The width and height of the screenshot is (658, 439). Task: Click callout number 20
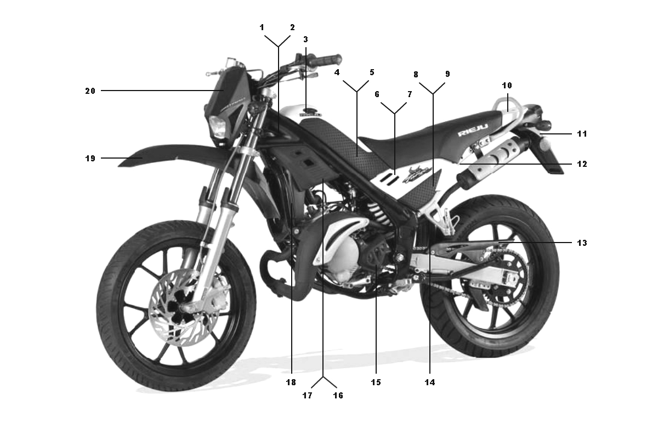tap(90, 91)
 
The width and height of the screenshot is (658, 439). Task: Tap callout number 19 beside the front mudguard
tap(90, 159)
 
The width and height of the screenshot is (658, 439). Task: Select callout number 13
tap(582, 243)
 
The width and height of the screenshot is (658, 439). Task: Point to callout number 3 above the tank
tap(305, 39)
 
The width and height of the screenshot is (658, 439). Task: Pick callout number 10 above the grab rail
tap(507, 86)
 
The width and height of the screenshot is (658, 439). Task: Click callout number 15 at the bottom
tap(376, 382)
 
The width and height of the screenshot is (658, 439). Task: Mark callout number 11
tap(582, 134)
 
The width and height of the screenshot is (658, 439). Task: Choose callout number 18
tap(291, 382)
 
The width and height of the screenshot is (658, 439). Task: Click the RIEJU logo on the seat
tap(473, 130)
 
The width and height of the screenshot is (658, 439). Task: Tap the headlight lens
tap(218, 127)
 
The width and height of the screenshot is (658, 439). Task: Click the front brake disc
tap(184, 307)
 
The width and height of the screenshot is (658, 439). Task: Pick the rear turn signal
tap(546, 124)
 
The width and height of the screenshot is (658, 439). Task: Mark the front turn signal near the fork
tap(255, 108)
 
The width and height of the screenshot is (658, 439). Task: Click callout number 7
tap(410, 94)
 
